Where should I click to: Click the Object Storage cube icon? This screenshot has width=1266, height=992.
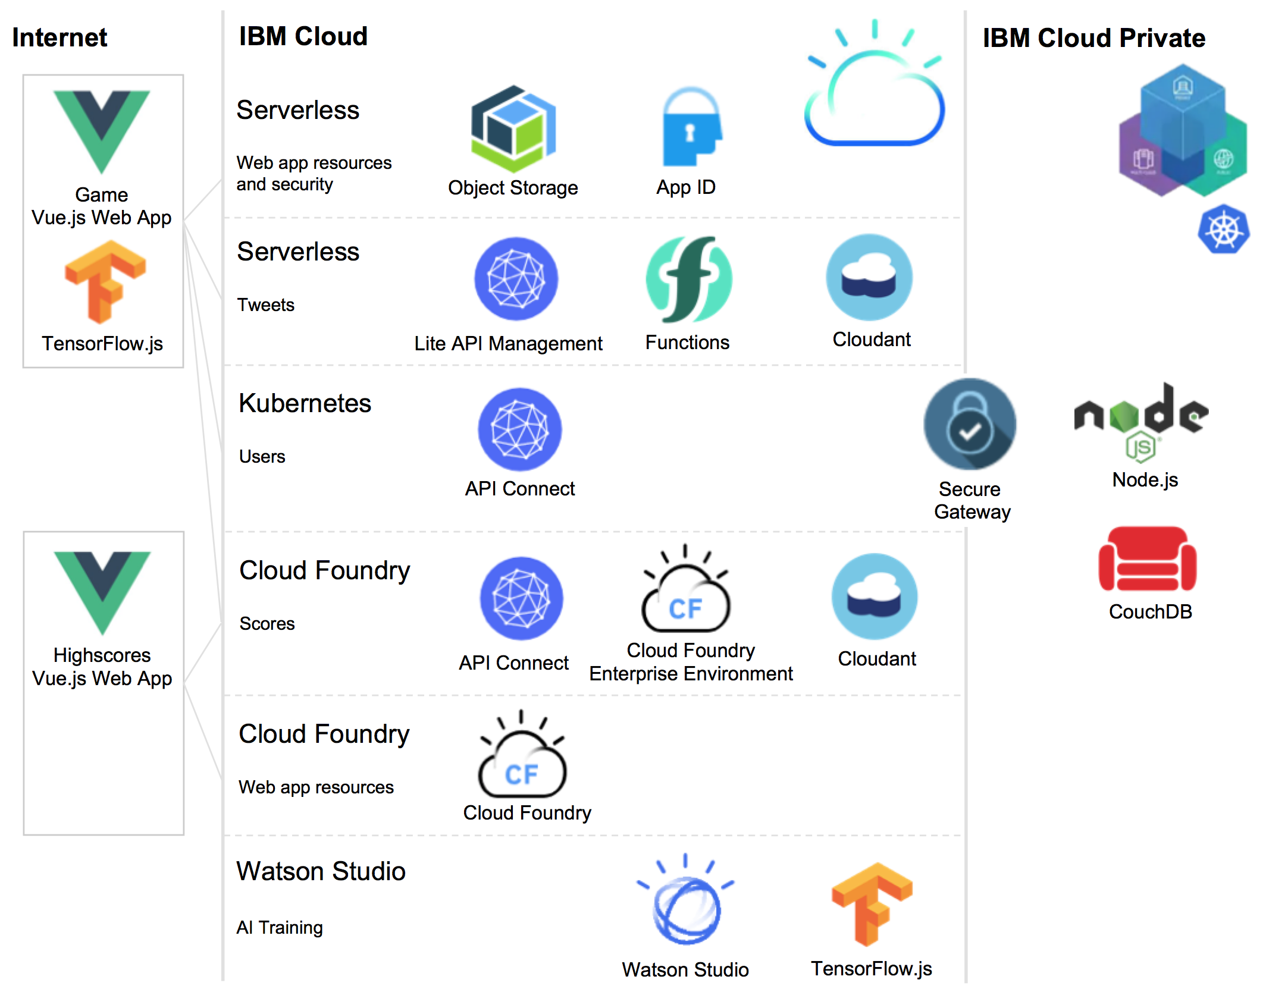[x=513, y=129]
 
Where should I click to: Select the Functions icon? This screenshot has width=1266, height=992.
[x=689, y=279]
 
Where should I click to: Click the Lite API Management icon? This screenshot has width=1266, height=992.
[x=516, y=279]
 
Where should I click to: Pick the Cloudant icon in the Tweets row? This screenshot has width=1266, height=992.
[x=869, y=277]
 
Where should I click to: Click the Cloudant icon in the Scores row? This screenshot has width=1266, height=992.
[x=875, y=597]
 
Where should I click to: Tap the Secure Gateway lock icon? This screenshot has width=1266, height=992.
[x=970, y=425]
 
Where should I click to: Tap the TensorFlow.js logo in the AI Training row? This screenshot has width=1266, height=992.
[x=872, y=904]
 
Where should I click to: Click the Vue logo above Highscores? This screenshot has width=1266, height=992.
[x=102, y=591]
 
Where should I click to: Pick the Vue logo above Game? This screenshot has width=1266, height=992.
[x=102, y=130]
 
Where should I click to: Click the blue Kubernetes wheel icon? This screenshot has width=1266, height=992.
[x=1224, y=230]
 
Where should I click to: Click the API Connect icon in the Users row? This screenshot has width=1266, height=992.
[x=520, y=429]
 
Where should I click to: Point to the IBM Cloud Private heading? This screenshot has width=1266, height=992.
[x=1093, y=38]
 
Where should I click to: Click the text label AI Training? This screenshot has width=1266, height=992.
[x=280, y=927]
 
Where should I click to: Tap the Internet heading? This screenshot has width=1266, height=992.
[x=59, y=37]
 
